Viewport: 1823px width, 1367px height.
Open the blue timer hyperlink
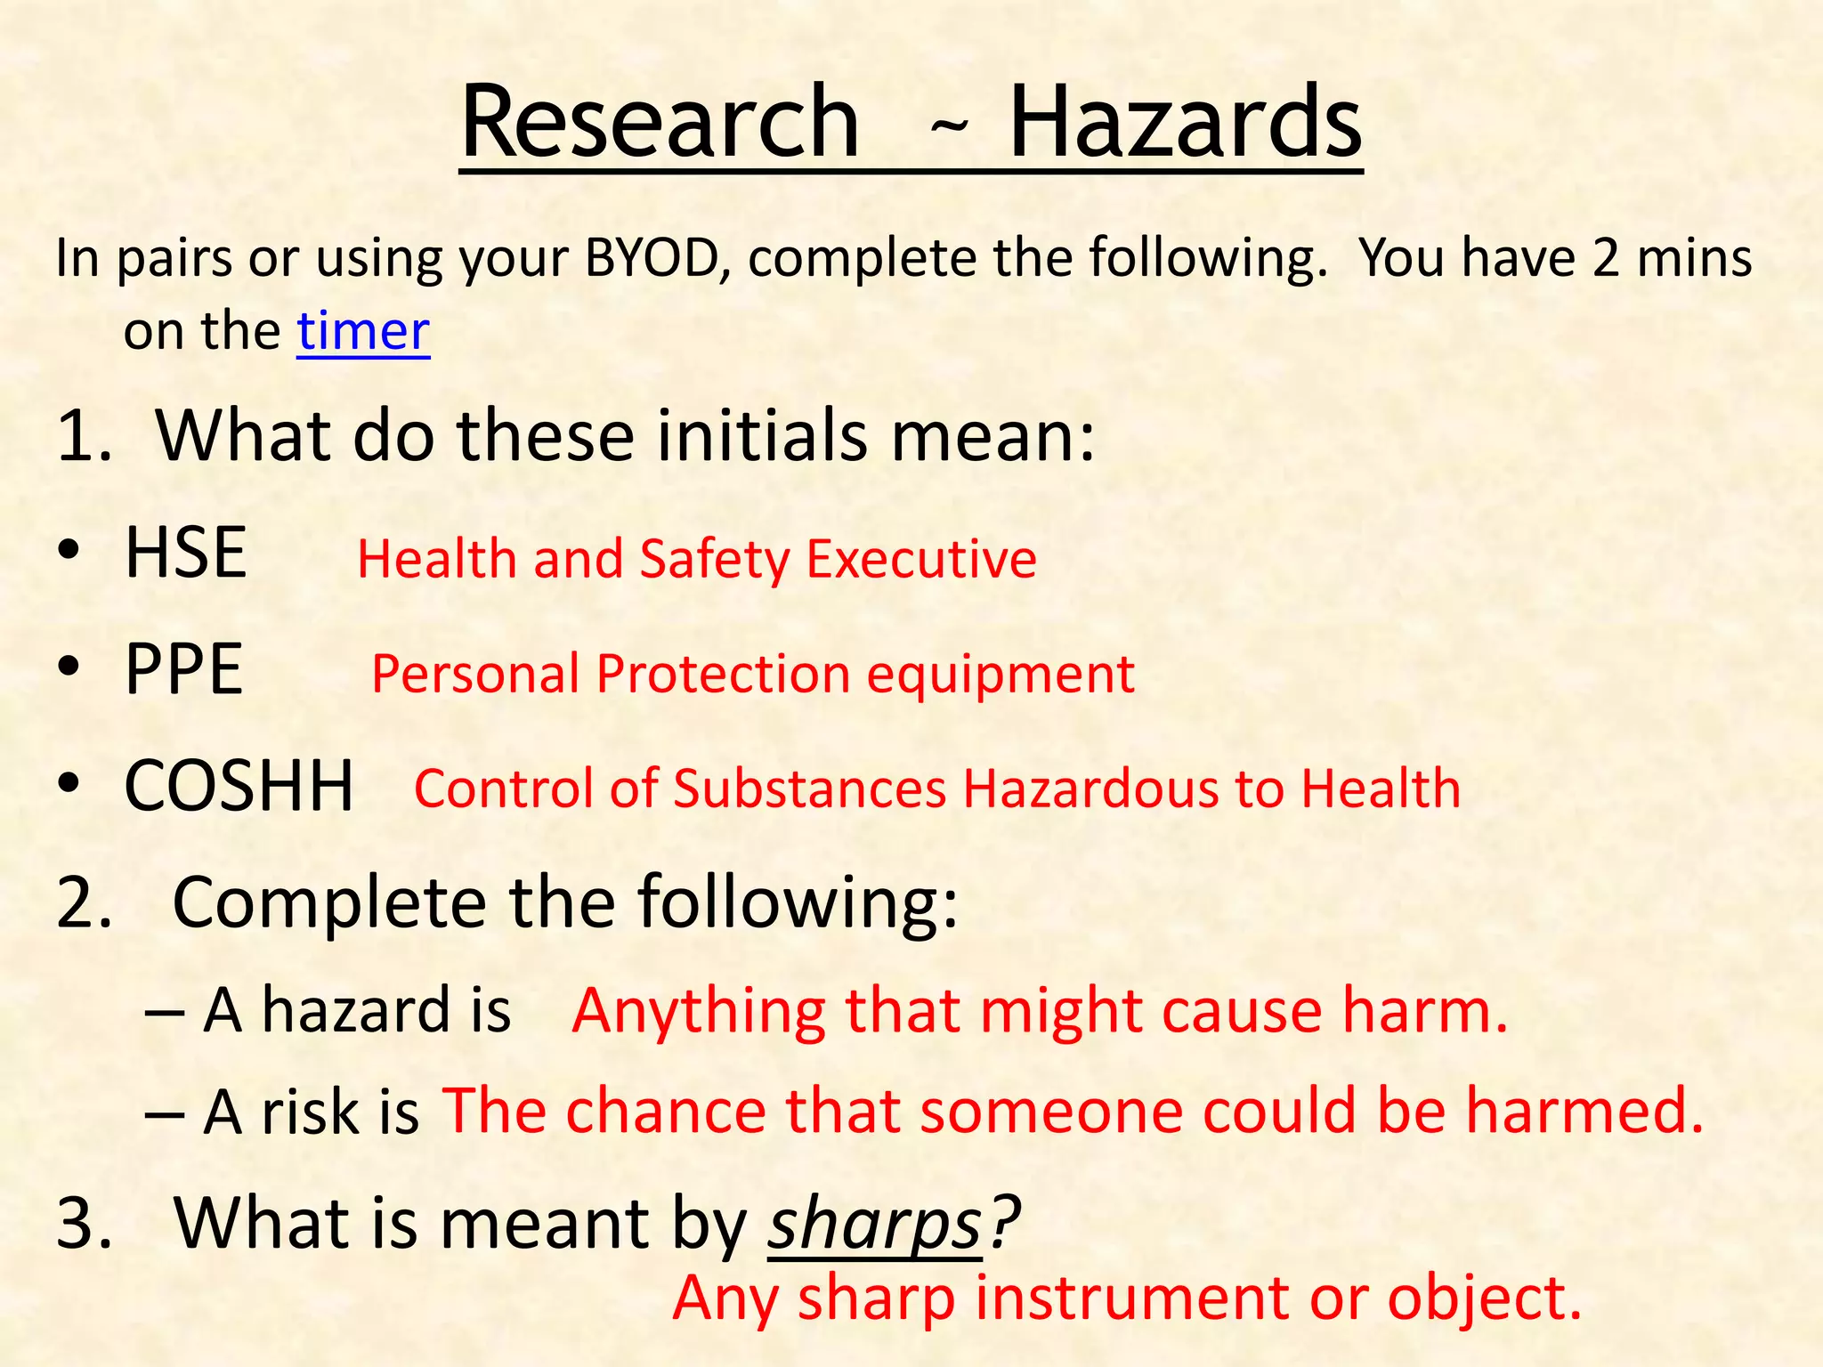363,331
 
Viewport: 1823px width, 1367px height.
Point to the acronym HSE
185,553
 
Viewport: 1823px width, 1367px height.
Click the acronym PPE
183,669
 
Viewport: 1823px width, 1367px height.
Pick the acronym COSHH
239,786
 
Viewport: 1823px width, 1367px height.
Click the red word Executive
921,560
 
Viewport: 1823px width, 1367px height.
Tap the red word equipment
1001,675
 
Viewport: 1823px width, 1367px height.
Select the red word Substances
809,789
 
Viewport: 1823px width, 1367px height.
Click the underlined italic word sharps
874,1225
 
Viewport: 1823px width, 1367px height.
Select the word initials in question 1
762,435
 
